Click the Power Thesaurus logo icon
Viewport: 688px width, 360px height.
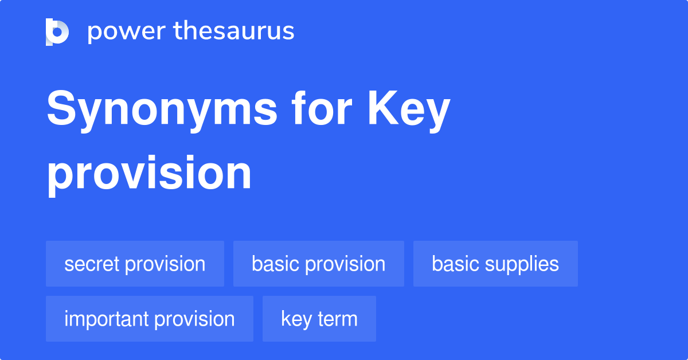(57, 32)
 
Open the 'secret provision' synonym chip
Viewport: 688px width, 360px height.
(135, 264)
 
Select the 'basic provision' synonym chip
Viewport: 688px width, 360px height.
(318, 264)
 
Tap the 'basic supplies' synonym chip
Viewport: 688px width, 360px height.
(495, 264)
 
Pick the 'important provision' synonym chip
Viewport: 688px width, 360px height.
(149, 319)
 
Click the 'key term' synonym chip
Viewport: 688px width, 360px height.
(319, 319)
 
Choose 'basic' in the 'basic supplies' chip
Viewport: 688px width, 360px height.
(455, 264)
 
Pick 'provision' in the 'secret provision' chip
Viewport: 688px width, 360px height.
(165, 264)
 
